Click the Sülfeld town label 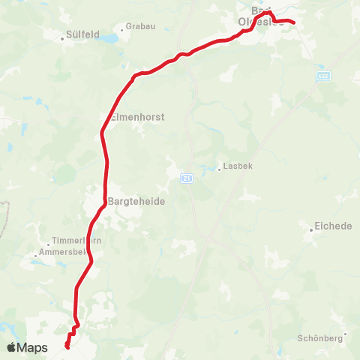[84, 34]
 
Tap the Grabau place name [140, 25]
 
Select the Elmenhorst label [137, 117]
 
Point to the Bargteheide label [136, 202]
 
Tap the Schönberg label [320, 338]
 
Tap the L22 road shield [322, 76]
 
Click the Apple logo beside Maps [13, 347]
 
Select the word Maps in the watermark [34, 347]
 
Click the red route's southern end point [67, 346]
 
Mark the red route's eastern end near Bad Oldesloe [293, 22]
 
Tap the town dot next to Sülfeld [63, 34]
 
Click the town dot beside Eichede [311, 229]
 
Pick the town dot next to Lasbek [219, 169]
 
